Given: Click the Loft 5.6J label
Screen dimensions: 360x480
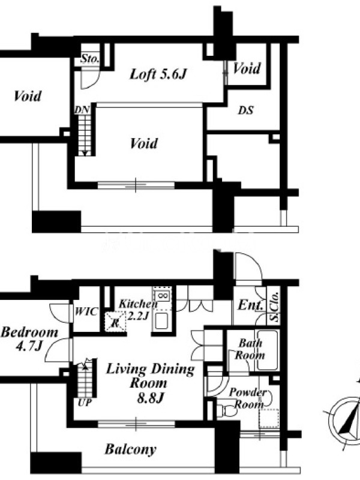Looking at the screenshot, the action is point(158,74).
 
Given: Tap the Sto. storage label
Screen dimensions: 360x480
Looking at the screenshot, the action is point(90,58).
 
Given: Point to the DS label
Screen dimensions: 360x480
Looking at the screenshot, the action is point(246,110).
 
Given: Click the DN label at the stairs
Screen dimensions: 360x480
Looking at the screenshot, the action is point(82,110).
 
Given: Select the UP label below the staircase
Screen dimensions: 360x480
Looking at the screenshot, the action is point(85,403).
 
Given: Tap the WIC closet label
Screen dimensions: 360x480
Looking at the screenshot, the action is point(86,311).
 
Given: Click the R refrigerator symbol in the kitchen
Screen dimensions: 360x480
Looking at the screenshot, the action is point(115,322).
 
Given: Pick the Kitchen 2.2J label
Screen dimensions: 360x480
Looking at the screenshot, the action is point(138,310).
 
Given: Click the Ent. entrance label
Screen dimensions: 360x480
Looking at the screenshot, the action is point(250,305).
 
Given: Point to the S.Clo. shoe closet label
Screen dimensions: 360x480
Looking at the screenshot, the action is point(275,307).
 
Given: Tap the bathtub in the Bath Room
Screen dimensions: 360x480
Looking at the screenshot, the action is point(268,350).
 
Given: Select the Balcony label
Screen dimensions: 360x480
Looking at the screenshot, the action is point(130,449).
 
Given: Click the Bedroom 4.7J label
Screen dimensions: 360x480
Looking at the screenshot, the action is point(29,339).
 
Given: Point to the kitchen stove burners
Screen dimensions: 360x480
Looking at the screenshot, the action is point(162,296).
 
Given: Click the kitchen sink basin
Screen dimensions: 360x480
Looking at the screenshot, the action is point(161,320).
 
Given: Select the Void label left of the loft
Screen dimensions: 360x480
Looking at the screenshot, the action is point(28,96).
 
